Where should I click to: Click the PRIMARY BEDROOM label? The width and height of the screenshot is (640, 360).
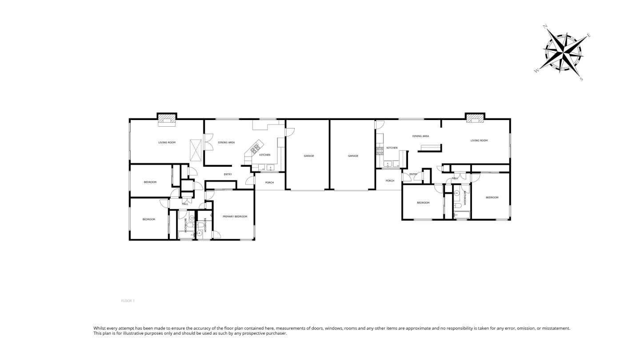coord(235,216)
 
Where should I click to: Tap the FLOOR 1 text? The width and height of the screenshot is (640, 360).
coord(128,301)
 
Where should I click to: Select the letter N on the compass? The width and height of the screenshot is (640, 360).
coord(545,27)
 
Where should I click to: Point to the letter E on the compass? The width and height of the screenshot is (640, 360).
coord(589,35)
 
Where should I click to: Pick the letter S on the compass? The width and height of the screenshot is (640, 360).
coord(581,79)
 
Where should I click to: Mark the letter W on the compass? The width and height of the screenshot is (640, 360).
coord(537,70)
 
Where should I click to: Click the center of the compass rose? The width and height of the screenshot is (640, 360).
coord(563,52)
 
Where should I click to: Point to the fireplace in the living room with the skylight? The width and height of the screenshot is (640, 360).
coord(167,119)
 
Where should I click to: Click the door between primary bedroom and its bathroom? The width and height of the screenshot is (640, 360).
coord(216,235)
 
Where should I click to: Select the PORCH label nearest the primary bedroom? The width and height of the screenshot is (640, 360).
coord(269,183)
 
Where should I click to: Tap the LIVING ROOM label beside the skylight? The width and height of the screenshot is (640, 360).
coord(167,143)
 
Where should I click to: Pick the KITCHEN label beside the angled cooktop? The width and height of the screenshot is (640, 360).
coord(265,155)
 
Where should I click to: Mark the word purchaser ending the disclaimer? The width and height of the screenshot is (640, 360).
coord(276,333)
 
